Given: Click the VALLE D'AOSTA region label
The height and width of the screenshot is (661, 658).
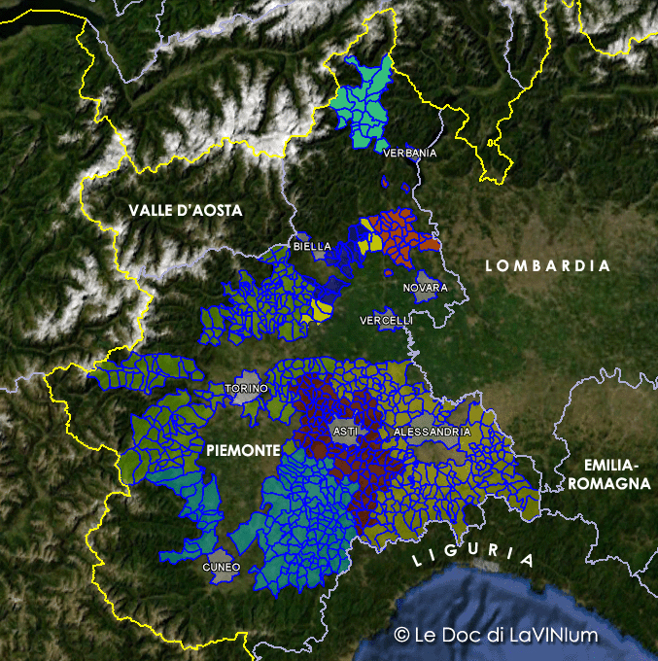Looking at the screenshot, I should pos(186,210).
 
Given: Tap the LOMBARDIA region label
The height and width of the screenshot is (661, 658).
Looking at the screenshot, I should pos(547,265).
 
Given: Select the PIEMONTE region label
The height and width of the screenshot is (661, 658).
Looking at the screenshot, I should pos(243,451).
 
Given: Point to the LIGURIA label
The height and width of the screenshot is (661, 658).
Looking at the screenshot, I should pos(473,557).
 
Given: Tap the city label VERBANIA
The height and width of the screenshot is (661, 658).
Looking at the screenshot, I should pos(410,154).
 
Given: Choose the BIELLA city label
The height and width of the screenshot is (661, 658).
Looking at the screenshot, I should pos(312,247).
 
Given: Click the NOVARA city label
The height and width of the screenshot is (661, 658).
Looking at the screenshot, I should pos(426,288).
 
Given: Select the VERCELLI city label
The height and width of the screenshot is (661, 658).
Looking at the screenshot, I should pos(386,320).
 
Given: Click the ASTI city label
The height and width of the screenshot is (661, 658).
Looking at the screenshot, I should pos(345,431).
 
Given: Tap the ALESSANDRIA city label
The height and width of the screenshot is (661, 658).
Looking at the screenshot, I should pos(432,431).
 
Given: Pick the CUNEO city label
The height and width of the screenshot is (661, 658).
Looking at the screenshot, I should pos(221,567).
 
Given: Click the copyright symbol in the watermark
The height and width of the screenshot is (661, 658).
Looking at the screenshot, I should pos(401,635).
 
